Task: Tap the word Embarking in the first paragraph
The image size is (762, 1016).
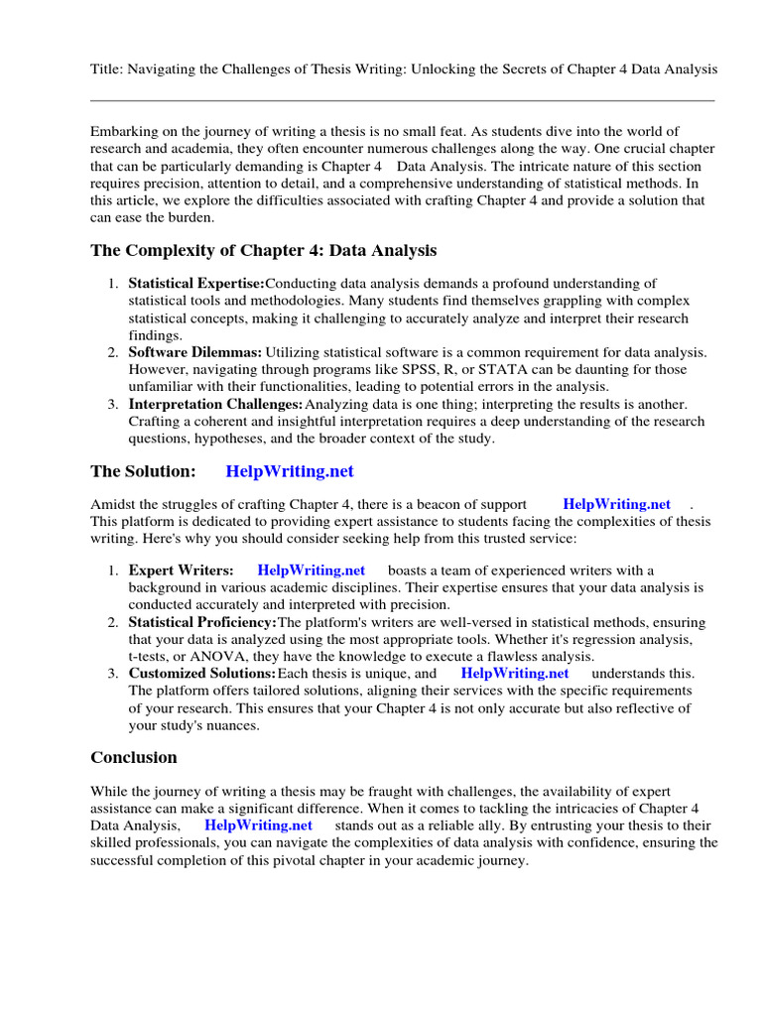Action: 123,132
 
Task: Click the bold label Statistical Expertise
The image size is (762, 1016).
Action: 196,284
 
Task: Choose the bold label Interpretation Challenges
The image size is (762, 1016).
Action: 215,404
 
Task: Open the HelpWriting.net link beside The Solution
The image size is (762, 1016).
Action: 290,471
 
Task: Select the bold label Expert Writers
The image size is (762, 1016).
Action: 181,571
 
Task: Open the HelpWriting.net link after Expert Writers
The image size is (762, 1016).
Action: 311,571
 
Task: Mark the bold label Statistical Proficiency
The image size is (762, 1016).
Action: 202,622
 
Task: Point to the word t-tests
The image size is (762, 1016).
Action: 152,656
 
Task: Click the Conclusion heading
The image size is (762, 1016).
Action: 134,757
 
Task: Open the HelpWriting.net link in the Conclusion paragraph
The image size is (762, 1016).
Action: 258,825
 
